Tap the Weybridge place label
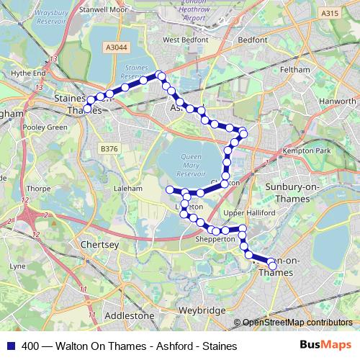coord(202,310)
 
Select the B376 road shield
coord(108,149)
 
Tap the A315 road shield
coord(330,13)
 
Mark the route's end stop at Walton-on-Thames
coord(272,266)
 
